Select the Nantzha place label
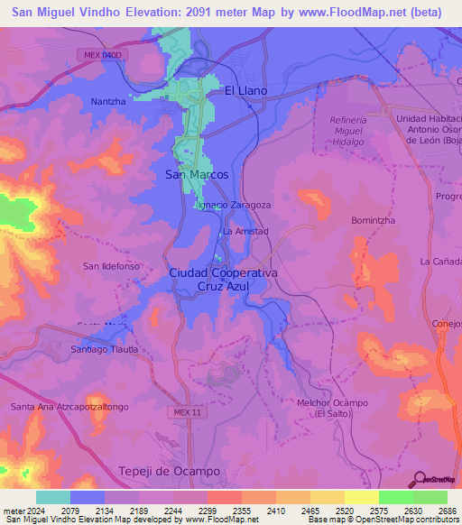tap(108, 101)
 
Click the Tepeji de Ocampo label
tap(169, 472)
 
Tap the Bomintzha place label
tap(374, 220)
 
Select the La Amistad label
tap(245, 232)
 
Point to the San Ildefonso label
tap(111, 266)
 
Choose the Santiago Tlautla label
tap(105, 348)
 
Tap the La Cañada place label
tap(440, 262)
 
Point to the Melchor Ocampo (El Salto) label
tap(332, 408)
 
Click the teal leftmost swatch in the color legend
tap(53, 497)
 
